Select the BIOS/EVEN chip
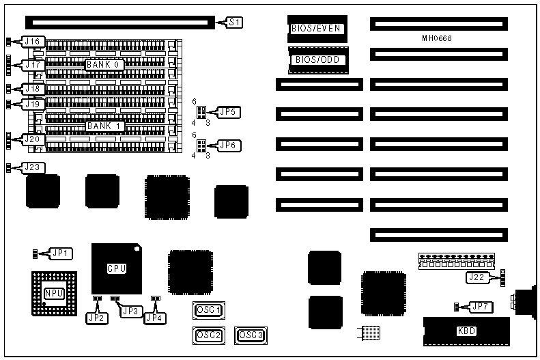pos(316,29)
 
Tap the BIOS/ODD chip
pos(317,60)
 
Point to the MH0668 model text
pos(437,38)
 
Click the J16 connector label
pos(33,42)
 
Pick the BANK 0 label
pos(104,64)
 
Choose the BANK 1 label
pos(104,126)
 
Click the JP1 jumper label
pos(61,253)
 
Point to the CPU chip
pos(116,268)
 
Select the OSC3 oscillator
pos(250,335)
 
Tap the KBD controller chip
pos(467,331)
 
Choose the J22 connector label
pos(478,277)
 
